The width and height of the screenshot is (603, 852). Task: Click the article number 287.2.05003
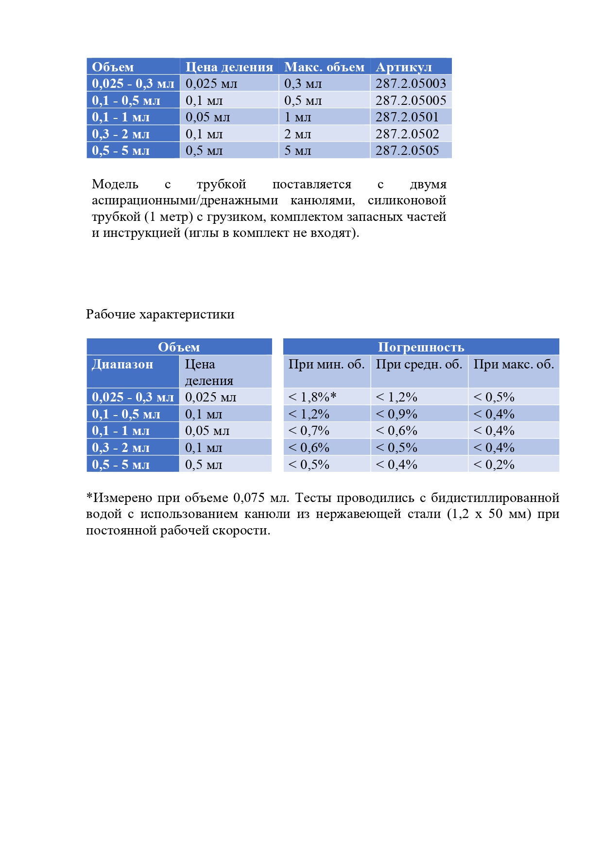[411, 84]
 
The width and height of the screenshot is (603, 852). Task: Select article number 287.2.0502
[407, 134]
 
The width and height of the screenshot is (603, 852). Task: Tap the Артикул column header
[403, 67]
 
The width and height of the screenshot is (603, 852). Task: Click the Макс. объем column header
[324, 67]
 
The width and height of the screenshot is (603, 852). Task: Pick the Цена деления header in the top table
[229, 67]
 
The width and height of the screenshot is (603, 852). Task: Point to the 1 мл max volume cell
[297, 117]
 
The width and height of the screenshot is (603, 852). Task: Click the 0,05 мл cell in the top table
[207, 117]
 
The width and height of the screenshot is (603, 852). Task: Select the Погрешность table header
[421, 347]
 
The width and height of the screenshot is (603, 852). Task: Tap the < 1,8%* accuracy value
[312, 397]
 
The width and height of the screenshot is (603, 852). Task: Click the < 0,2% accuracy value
[494, 465]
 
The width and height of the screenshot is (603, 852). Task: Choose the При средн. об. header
[419, 364]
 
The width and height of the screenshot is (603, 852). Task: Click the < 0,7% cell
[309, 431]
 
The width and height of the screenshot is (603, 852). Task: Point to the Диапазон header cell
[122, 364]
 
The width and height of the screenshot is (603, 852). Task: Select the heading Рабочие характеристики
[160, 314]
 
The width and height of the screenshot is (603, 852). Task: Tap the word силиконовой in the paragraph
[407, 200]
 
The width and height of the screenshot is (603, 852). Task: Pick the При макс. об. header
[514, 364]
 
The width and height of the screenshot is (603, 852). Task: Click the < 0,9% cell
[396, 414]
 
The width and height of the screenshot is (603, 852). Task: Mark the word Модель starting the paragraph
[115, 184]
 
